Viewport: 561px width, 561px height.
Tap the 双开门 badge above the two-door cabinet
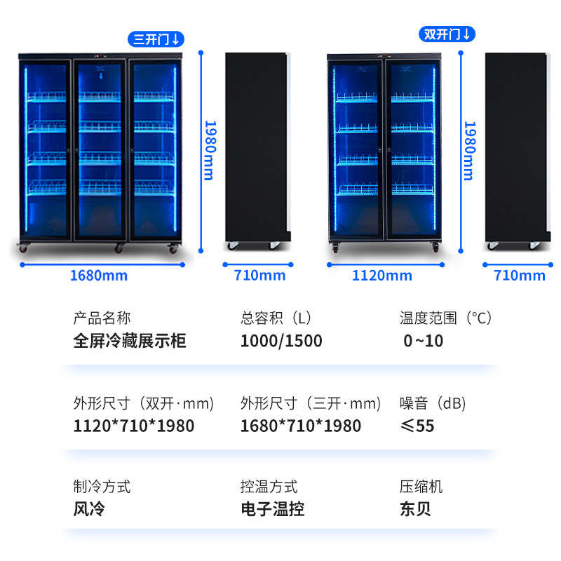click(x=447, y=34)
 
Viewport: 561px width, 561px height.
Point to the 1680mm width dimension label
click(x=98, y=275)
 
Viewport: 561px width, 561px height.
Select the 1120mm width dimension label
click(x=381, y=275)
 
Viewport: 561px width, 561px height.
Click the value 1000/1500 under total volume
click(x=281, y=342)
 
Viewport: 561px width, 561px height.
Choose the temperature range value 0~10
click(x=423, y=342)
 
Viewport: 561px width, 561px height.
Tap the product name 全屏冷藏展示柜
click(x=130, y=342)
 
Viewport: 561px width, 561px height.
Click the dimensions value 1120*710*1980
click(x=134, y=426)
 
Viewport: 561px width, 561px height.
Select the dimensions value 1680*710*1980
click(x=301, y=426)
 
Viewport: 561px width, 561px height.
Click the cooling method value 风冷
click(x=89, y=509)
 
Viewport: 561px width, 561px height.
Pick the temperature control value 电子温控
click(x=272, y=509)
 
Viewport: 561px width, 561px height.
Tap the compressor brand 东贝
click(x=415, y=509)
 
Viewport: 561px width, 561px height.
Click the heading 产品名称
click(x=102, y=318)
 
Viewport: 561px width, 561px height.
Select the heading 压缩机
click(x=421, y=487)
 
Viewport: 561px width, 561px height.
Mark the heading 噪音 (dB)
click(x=433, y=403)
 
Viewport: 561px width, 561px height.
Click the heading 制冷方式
click(x=102, y=487)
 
